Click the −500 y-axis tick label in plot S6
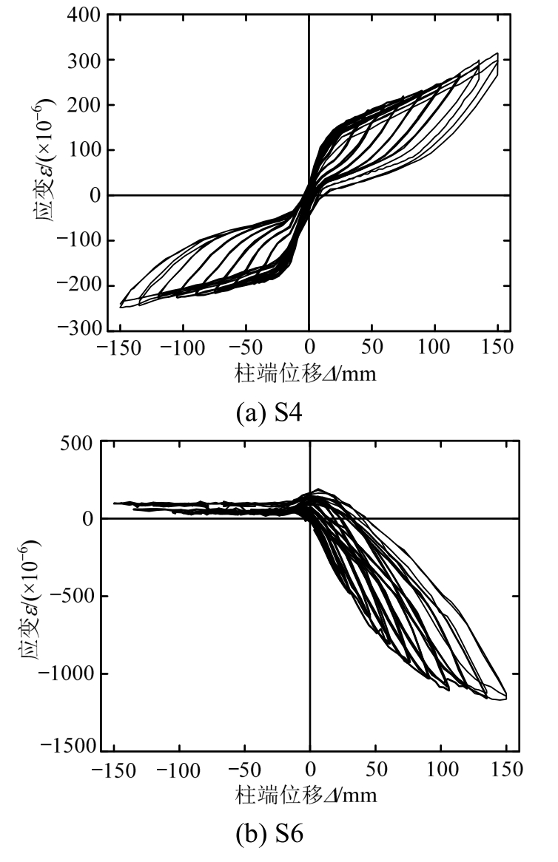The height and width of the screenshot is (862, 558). point(72,596)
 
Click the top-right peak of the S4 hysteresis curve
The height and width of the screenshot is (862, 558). point(497,53)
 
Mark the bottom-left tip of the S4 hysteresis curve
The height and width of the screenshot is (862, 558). point(121,305)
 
